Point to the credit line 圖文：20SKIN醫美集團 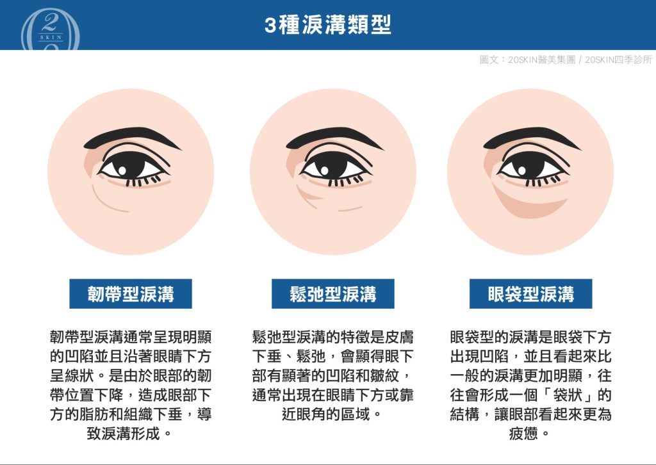point(527,60)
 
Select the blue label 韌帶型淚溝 point(131,294)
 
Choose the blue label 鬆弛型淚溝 point(333,294)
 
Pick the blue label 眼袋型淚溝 point(530,294)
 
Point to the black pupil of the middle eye point(332,166)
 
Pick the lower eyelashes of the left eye point(142,183)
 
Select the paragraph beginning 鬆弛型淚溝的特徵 point(333,375)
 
